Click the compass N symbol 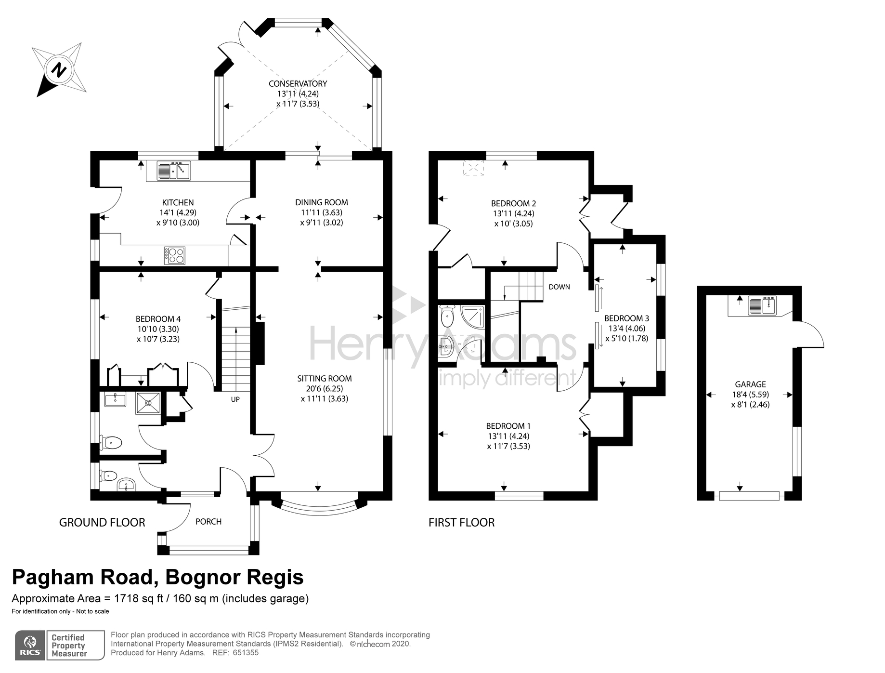pos(59,70)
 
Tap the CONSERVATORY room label pos(298,83)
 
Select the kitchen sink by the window pos(174,171)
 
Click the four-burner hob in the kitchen pos(175,255)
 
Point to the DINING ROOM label pos(322,202)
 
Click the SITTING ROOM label pos(325,379)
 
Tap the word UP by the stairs pos(235,399)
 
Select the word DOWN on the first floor pos(559,287)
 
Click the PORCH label pos(208,521)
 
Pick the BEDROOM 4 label pos(158,319)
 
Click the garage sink pos(762,305)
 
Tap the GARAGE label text pos(750,384)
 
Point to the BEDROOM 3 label pos(626,318)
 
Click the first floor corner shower pos(472,316)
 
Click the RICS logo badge pos(30,645)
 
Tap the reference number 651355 pos(246,653)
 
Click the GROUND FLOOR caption pos(102,522)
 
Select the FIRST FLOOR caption pos(461,522)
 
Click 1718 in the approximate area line pos(126,598)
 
